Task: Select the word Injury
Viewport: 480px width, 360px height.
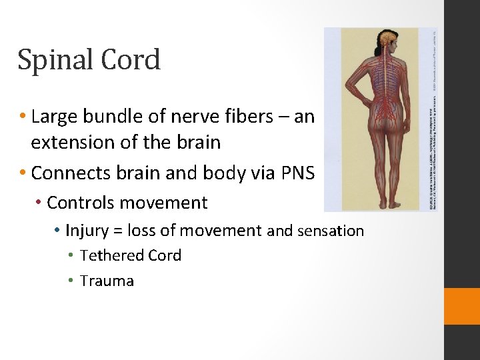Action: point(85,231)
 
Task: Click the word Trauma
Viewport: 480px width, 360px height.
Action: point(107,281)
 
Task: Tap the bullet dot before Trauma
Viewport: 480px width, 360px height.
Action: point(71,281)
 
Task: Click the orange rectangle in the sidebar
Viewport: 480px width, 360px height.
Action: point(462,306)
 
